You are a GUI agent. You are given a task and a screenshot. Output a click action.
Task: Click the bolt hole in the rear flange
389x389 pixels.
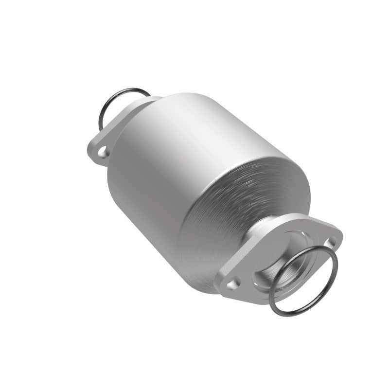pos(103,154)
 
